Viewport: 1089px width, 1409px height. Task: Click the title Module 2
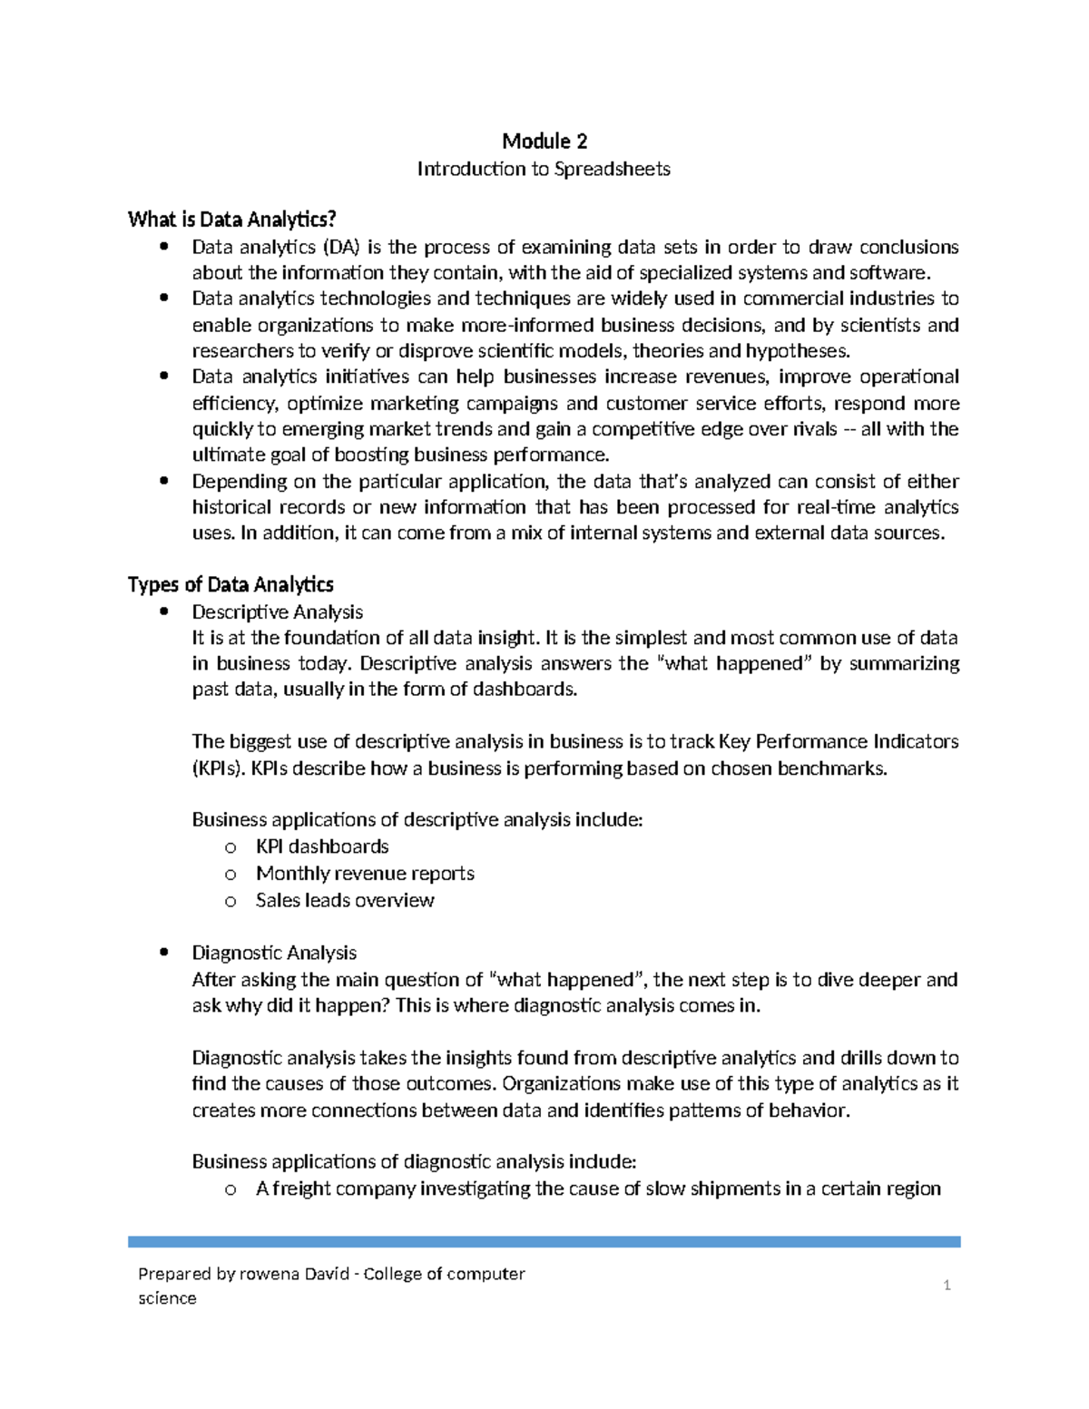pos(544,141)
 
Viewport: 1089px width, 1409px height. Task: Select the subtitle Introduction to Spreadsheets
pos(544,169)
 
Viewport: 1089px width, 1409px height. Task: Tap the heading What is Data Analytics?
pos(232,219)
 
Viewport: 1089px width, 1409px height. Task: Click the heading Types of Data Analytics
pos(231,584)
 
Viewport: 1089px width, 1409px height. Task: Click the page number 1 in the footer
pos(947,1285)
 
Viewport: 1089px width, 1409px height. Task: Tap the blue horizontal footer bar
pos(544,1241)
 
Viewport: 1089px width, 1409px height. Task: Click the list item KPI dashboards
pos(322,846)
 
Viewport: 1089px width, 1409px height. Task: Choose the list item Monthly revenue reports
pos(365,873)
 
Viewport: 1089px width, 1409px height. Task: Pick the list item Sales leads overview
pos(345,900)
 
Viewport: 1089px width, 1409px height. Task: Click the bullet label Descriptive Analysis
pos(277,612)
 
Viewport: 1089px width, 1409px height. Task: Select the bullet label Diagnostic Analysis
pos(274,953)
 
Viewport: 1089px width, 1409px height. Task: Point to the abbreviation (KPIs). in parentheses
pos(219,768)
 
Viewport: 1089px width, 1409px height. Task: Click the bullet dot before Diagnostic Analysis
pos(163,953)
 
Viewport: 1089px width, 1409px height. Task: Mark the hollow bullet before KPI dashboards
pos(231,847)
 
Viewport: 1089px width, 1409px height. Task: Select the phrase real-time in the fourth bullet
pos(836,507)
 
